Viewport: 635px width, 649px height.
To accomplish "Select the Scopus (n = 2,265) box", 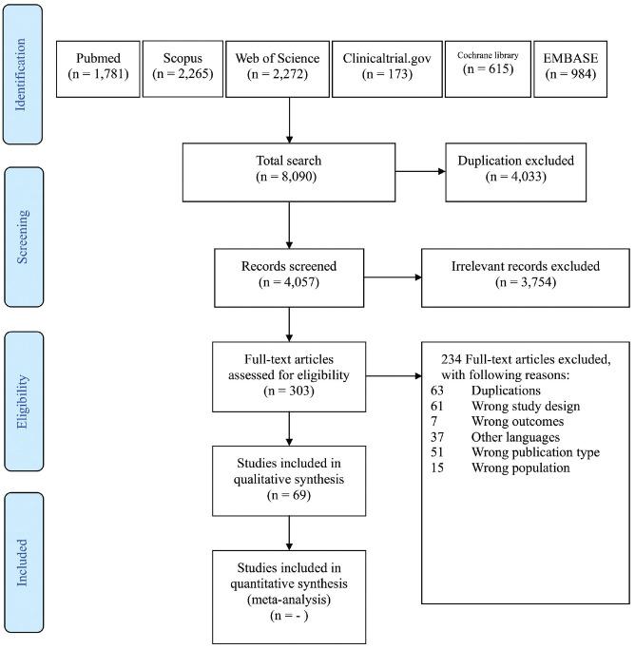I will click(182, 68).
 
